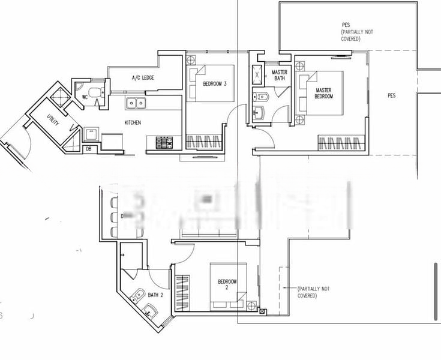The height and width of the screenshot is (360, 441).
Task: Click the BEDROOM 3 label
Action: click(214, 83)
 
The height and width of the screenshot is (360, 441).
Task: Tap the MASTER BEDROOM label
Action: click(324, 93)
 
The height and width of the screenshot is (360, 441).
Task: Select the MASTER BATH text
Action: click(280, 75)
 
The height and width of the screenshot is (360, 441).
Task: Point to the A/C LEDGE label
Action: click(143, 79)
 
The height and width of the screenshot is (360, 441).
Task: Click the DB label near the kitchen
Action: click(88, 149)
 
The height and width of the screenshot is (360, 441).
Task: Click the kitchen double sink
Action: click(136, 103)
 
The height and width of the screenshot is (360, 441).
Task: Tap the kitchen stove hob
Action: click(164, 143)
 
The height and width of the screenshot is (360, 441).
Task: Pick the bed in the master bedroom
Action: click(323, 94)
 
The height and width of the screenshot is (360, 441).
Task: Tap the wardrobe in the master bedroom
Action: click(341, 143)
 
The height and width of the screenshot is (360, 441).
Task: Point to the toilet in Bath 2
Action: click(137, 294)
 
